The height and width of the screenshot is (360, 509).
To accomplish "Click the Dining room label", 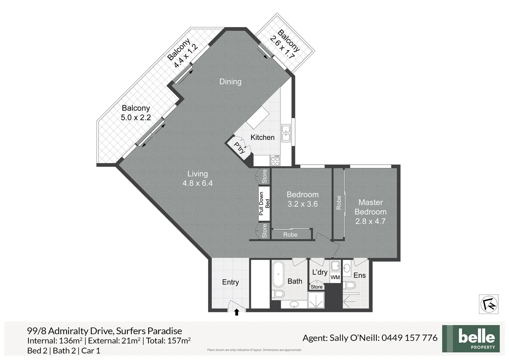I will pos(230,82).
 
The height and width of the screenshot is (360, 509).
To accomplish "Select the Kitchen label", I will pos(262,137).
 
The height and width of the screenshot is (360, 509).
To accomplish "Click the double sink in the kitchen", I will pos(286,133).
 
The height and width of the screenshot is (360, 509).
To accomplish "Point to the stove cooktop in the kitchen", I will pos(275,161).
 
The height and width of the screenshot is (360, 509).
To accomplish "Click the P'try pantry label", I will pos(239,148).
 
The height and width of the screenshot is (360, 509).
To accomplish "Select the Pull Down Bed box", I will pos(264,203).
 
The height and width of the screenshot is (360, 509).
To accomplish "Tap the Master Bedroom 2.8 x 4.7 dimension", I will pos(370,221).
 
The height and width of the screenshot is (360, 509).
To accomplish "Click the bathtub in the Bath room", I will pos(278,274).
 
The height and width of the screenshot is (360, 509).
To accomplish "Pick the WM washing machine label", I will pos(335,277).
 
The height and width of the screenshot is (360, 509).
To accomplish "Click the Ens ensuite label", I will pos(359,275).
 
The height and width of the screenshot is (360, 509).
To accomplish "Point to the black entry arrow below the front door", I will pos(237,312).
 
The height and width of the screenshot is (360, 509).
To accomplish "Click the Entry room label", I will pos(230,282).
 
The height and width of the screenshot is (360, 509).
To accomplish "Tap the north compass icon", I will pos(488,304).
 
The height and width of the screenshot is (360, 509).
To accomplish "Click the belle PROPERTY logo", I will pos(471,339).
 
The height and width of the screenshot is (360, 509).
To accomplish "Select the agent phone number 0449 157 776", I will pos(409,338).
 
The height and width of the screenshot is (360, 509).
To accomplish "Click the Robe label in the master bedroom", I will pos(339,203).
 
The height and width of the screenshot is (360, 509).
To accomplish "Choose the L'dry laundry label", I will pos(319,272).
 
